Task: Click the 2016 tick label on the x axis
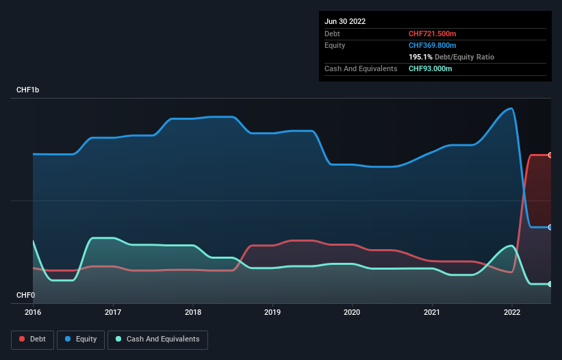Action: [x=33, y=312]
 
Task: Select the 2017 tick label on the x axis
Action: [x=113, y=312]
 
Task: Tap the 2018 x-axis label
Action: [x=193, y=312]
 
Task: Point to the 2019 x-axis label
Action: [x=272, y=312]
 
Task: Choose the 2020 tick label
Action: [x=353, y=312]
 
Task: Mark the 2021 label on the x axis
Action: [x=432, y=312]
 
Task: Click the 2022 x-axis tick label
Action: [x=512, y=312]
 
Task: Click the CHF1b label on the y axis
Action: [x=28, y=90]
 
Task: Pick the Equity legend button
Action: [x=81, y=339]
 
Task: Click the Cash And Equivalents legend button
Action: [x=157, y=339]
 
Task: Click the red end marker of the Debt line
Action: [x=550, y=155]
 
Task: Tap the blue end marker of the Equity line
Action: [x=550, y=227]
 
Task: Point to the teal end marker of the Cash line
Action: [x=550, y=284]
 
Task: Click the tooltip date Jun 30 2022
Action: [x=345, y=21]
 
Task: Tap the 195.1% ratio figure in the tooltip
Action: [x=420, y=57]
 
